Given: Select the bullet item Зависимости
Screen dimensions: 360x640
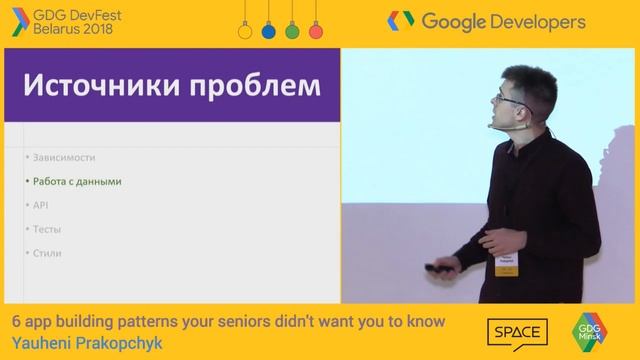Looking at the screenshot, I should coord(64,158).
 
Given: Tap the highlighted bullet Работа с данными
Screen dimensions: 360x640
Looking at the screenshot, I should coord(76,182).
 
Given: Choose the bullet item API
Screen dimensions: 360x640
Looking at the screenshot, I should coord(40,206).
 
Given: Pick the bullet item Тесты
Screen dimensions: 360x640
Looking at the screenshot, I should coord(47,230).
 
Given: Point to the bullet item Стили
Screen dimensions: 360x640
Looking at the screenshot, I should coord(47,254).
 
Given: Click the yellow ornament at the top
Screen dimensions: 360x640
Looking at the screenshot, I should coord(242,30).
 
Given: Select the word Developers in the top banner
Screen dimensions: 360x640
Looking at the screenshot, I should coord(531,20).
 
